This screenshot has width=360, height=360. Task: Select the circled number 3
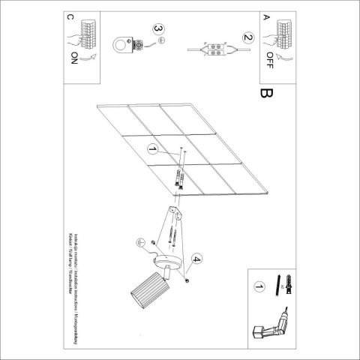click(158, 30)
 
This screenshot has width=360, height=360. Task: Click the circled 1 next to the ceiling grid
click(154, 149)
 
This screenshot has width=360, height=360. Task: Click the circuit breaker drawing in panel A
click(283, 30)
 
